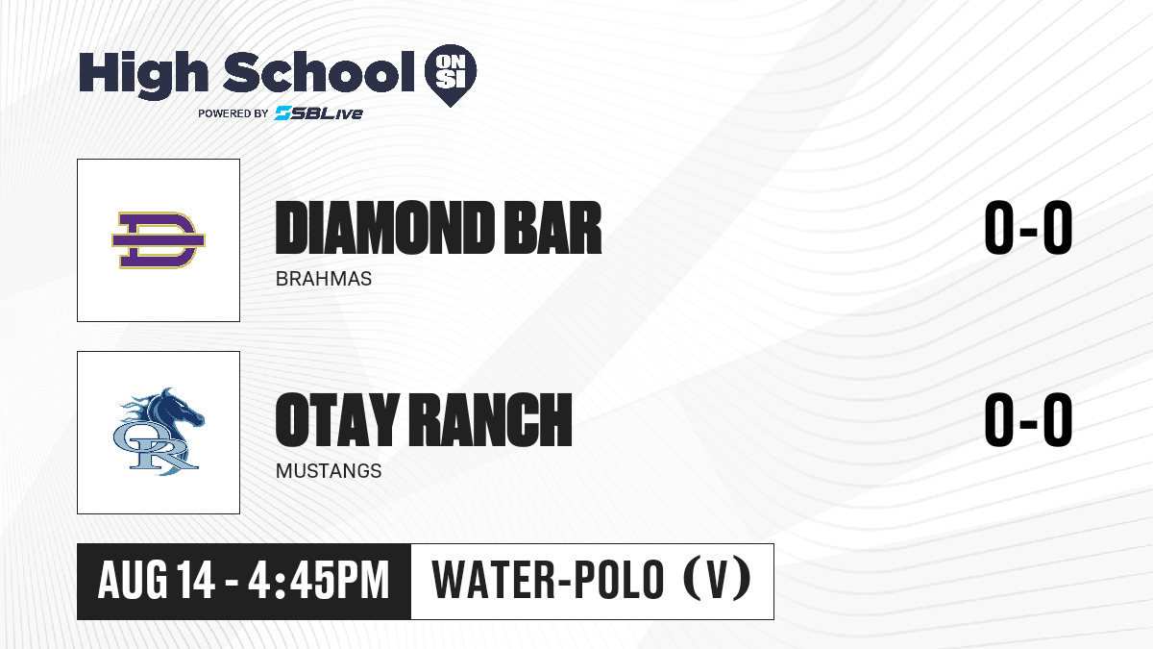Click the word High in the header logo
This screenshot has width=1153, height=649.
click(143, 74)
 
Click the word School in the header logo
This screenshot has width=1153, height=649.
click(319, 72)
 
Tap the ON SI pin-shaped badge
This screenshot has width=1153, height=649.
click(451, 75)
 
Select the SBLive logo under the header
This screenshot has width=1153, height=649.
click(318, 113)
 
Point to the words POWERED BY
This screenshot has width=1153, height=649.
click(233, 113)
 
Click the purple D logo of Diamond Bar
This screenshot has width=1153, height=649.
click(159, 240)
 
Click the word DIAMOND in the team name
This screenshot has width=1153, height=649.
click(383, 228)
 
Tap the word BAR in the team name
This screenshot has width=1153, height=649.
click(552, 228)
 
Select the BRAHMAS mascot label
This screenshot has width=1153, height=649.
click(323, 279)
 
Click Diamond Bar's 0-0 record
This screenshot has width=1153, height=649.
click(1028, 228)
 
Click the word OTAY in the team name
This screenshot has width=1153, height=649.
click(337, 420)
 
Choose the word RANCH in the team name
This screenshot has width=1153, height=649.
click(491, 420)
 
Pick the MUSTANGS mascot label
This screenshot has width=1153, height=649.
click(329, 471)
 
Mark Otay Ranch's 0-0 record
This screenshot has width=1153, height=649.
click(1028, 420)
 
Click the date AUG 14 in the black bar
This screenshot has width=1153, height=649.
click(156, 581)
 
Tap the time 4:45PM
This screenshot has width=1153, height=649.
click(319, 581)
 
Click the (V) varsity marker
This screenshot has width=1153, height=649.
click(717, 580)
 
